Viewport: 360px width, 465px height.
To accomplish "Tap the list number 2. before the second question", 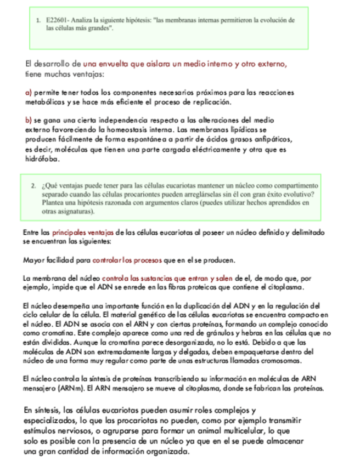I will [34, 185].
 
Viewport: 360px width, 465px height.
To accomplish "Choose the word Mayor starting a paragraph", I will [35, 259].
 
